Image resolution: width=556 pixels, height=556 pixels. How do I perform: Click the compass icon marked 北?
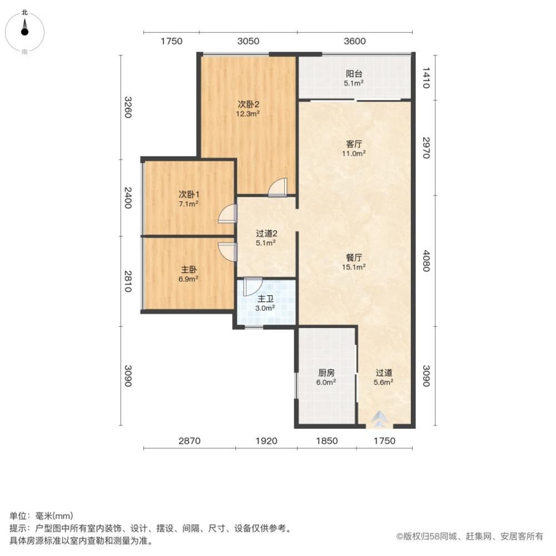(x=24, y=31)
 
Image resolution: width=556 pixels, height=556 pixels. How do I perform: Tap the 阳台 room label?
(x=354, y=73)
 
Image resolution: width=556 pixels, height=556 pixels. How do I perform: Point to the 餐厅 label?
(x=354, y=257)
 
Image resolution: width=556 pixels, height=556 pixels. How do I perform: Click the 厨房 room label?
(x=326, y=373)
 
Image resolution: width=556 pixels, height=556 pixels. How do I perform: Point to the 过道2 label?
(x=265, y=233)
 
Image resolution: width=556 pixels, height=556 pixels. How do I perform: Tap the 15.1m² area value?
(x=354, y=267)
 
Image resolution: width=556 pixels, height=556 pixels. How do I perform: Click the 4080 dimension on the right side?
(x=426, y=260)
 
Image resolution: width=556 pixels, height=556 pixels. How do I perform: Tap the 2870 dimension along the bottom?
(x=189, y=441)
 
